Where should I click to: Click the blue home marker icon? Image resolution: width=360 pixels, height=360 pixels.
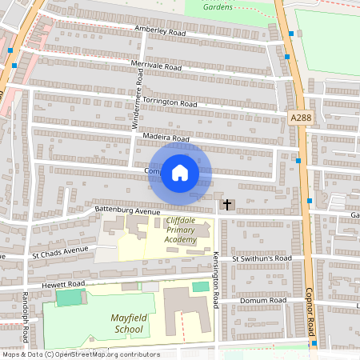coord(180,172)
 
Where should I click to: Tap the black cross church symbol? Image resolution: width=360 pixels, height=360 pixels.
coord(226,205)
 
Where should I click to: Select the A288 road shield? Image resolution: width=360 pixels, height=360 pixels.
coord(301,118)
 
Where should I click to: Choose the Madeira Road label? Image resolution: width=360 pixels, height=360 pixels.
coord(166,138)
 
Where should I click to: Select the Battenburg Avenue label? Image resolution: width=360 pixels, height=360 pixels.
coord(122,210)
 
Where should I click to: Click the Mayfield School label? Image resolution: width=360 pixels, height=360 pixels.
coord(128,323)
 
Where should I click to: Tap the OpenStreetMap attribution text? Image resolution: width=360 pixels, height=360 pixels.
coord(80,354)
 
